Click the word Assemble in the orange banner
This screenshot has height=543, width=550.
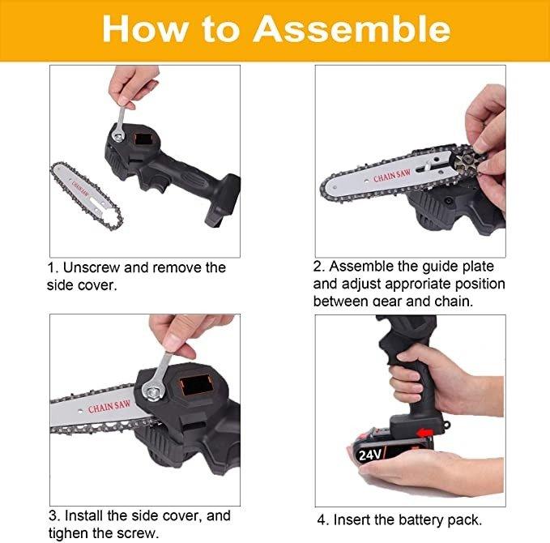(352, 29)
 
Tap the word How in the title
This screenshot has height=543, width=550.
(145, 29)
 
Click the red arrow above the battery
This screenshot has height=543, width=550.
(426, 432)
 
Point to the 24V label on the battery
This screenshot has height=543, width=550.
(370, 455)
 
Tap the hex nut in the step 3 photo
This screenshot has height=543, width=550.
(152, 393)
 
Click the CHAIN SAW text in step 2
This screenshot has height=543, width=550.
(392, 176)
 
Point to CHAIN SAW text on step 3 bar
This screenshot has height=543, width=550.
(109, 407)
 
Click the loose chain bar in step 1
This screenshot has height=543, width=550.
(87, 195)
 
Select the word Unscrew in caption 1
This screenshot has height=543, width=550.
(92, 267)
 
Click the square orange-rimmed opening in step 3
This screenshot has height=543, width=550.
(197, 385)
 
